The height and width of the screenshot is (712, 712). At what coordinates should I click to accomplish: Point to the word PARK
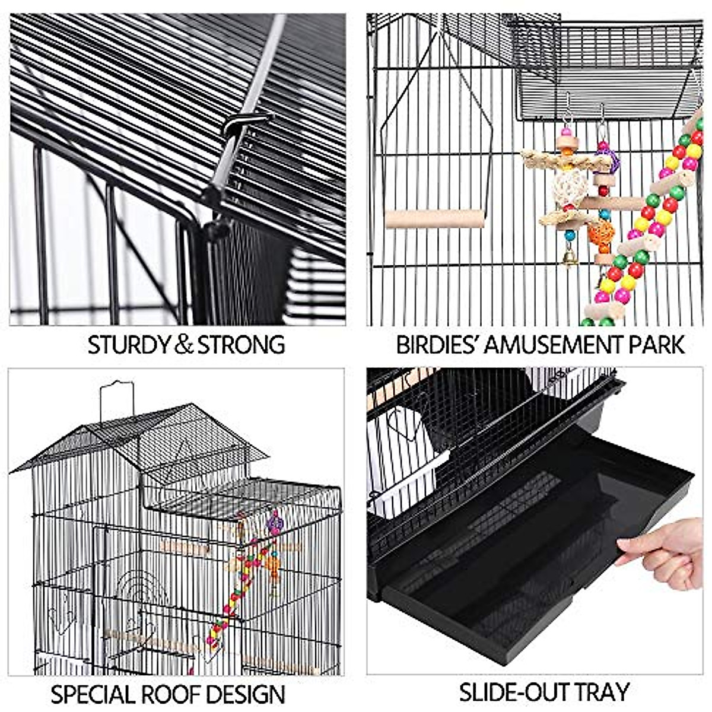tap(659, 345)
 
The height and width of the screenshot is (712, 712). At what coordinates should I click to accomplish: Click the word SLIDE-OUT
tap(511, 692)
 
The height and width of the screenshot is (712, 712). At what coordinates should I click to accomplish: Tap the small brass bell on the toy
tap(570, 259)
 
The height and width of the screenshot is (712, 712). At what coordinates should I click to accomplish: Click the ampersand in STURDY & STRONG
tap(183, 345)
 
